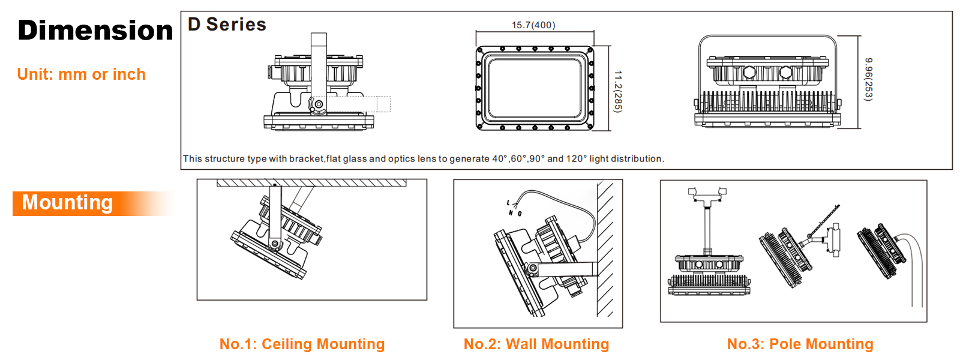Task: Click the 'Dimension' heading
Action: point(95,31)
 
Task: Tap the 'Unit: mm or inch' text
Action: point(82,74)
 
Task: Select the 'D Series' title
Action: point(227,25)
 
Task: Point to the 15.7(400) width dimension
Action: point(533,25)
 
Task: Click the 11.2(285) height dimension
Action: point(617,92)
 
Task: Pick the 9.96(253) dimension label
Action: point(868,79)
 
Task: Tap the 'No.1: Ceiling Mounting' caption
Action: point(302,344)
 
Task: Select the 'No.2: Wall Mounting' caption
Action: point(536,344)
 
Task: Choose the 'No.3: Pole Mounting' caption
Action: point(800,344)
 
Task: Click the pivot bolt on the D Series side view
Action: point(319,104)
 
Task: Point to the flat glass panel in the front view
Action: point(535,88)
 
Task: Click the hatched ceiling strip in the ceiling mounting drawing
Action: point(311,183)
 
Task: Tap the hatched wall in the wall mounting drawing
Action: point(605,249)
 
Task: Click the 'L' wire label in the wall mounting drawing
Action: point(509,203)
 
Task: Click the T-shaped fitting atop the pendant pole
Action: point(707,196)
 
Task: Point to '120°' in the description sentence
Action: point(577,158)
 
